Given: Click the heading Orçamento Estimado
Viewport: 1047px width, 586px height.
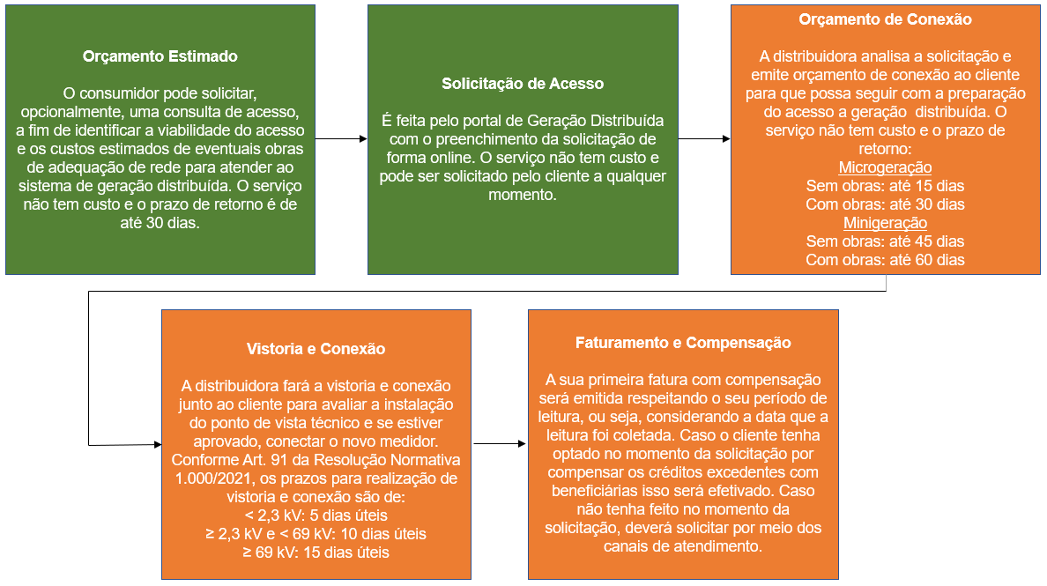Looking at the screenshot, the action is (160, 56).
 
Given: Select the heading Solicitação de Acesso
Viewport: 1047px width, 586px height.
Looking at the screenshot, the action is (523, 84).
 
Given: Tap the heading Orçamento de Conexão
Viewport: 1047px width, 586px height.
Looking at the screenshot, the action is (886, 19).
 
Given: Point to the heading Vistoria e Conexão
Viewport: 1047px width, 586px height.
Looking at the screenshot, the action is (316, 348).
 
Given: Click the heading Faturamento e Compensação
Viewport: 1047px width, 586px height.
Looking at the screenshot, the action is (683, 343).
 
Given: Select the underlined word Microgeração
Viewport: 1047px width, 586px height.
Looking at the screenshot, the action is (886, 167).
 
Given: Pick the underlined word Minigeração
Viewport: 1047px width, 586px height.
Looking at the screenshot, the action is (886, 223).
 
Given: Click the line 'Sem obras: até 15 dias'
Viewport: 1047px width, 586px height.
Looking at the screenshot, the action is (886, 186).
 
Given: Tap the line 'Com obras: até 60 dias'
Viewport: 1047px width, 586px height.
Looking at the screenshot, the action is (886, 260).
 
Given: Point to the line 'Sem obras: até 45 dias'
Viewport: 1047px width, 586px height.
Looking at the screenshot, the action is (886, 241).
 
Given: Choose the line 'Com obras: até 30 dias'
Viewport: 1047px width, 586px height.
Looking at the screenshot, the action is (886, 204).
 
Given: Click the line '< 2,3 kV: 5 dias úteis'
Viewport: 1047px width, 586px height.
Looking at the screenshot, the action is (316, 516).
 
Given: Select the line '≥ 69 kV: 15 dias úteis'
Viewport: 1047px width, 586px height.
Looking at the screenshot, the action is (316, 553).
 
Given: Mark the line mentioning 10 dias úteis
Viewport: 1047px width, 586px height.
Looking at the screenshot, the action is (316, 534).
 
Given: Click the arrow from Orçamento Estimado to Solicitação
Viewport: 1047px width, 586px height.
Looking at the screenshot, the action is (341, 139).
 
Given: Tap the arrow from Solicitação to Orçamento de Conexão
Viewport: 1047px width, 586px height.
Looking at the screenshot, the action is (704, 139).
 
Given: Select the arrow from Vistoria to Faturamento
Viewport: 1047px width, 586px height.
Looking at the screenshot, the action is (500, 443).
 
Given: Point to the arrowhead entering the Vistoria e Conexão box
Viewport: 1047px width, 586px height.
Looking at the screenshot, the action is (158, 444).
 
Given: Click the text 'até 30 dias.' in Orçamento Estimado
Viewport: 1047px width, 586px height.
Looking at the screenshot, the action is (160, 223).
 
